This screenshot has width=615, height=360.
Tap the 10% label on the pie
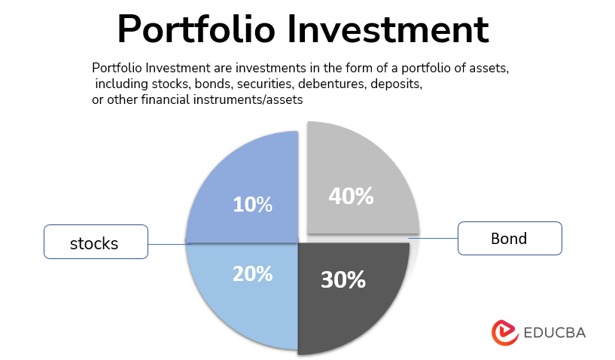pyautogui.click(x=252, y=204)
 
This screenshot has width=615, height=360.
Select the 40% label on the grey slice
pyautogui.click(x=351, y=196)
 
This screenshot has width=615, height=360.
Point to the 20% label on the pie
pyautogui.click(x=252, y=274)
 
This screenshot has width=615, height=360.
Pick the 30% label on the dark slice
pyautogui.click(x=343, y=279)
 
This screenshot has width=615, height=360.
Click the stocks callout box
pyautogui.click(x=95, y=243)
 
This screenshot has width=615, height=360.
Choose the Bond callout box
pyautogui.click(x=510, y=239)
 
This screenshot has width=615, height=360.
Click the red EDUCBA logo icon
pyautogui.click(x=504, y=332)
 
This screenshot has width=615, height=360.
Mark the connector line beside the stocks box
pyautogui.click(x=167, y=243)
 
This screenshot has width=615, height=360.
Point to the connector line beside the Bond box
pyautogui.click(x=434, y=239)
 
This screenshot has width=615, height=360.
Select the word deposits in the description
pyautogui.click(x=396, y=84)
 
